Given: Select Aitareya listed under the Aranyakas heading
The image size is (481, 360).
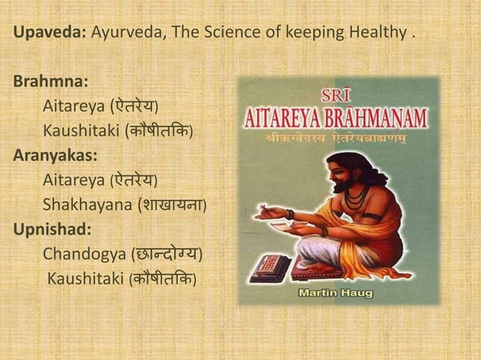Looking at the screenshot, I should (x=74, y=181).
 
